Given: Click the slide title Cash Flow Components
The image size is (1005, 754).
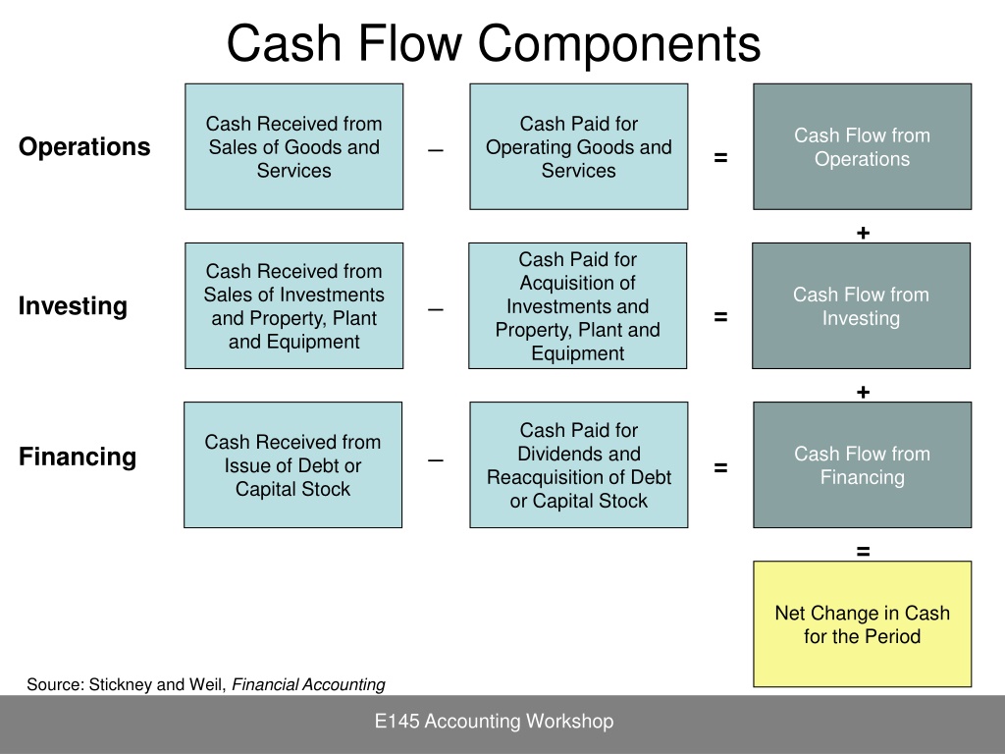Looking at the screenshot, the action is (x=494, y=43).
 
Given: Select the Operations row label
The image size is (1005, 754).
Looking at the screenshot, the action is (x=84, y=147).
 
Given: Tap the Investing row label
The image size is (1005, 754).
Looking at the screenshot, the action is (x=73, y=306).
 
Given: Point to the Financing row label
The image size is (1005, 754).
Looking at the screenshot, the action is (x=77, y=457).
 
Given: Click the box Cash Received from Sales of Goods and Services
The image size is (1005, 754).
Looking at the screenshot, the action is (x=294, y=147).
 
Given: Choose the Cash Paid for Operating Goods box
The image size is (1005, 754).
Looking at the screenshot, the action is (x=579, y=147).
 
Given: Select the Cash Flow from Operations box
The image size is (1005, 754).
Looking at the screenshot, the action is (x=862, y=147).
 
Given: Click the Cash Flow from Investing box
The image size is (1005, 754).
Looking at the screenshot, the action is (x=862, y=306).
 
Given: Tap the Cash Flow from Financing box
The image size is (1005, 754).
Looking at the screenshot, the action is (x=862, y=464).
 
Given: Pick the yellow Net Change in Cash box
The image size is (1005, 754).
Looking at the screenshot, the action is (x=862, y=623).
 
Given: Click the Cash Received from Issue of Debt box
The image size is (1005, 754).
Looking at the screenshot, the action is (x=292, y=464).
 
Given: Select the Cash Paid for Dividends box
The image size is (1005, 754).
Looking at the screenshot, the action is (x=579, y=464).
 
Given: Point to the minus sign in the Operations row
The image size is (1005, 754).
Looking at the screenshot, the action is (x=436, y=150).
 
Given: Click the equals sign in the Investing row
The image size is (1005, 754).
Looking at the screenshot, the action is (x=720, y=317).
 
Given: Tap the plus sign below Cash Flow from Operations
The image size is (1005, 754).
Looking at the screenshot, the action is (x=863, y=233).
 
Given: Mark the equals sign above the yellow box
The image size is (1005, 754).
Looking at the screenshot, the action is (x=863, y=551).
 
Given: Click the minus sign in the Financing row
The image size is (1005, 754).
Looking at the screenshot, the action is (x=436, y=461).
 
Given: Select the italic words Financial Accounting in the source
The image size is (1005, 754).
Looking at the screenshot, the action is (x=308, y=684).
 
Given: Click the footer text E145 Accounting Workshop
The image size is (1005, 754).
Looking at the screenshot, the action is (x=495, y=722).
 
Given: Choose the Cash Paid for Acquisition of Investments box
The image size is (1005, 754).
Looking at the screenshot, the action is (x=577, y=306).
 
